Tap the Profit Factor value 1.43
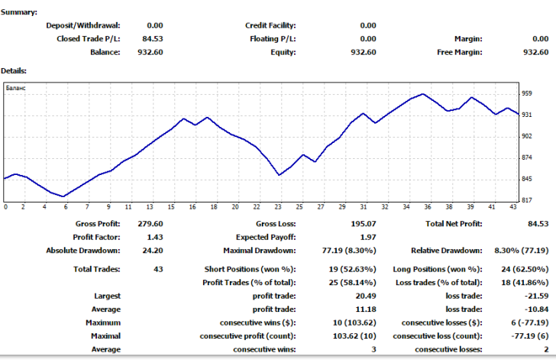pos(154,237)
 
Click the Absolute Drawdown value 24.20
pos(153,250)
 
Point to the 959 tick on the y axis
pos(528,93)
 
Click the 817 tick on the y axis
pos(528,200)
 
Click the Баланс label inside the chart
pos(16,89)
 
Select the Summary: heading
pos(19,12)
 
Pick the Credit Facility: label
pos(270,25)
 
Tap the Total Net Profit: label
pos(454,224)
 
